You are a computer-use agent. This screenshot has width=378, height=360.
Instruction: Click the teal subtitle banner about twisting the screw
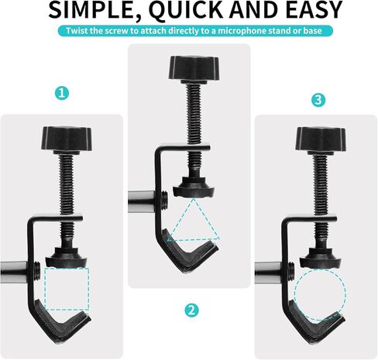point(189,32)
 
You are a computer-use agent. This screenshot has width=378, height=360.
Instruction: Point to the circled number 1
point(62,93)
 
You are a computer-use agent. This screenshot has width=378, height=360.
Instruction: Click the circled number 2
point(191,310)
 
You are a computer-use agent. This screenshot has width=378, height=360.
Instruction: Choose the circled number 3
point(317,101)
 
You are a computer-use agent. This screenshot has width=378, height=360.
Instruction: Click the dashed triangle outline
point(194,223)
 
